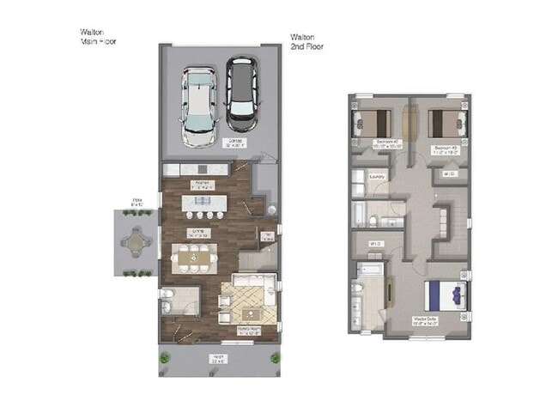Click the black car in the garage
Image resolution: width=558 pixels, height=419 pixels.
pos(242,90)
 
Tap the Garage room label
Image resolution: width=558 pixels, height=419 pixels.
pos(233,143)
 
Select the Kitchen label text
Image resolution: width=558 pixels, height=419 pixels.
pos(203,183)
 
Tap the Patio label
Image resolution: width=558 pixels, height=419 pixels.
pos(136,203)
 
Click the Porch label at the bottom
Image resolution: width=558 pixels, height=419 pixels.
pos(219,358)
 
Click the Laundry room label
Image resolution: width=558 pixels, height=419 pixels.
pos(375,179)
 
